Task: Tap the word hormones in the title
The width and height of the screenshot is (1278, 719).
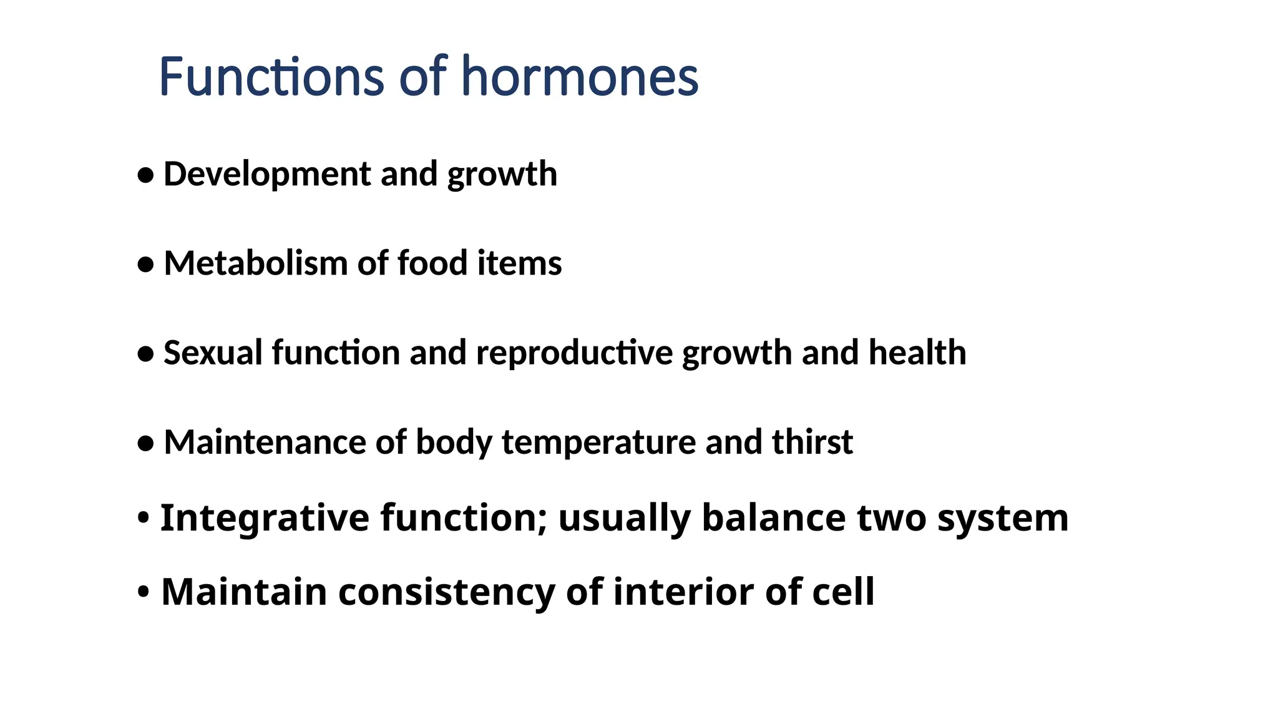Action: pos(580,77)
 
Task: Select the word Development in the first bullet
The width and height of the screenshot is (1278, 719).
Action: pos(267,174)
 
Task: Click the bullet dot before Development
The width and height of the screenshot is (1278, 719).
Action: pos(145,175)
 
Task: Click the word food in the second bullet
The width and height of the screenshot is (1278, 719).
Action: pos(432,263)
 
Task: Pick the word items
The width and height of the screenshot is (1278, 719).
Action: pos(519,263)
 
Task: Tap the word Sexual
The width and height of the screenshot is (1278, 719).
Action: pos(213,353)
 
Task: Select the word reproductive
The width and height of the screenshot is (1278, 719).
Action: pos(574,353)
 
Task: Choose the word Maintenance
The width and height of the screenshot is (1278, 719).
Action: pos(265,443)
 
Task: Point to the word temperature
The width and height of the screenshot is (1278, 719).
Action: pos(598,443)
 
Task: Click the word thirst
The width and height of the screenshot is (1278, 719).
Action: pos(812,443)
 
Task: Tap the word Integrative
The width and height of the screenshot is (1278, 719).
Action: pos(265,519)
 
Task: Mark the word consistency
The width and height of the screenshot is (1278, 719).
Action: pos(446,592)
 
